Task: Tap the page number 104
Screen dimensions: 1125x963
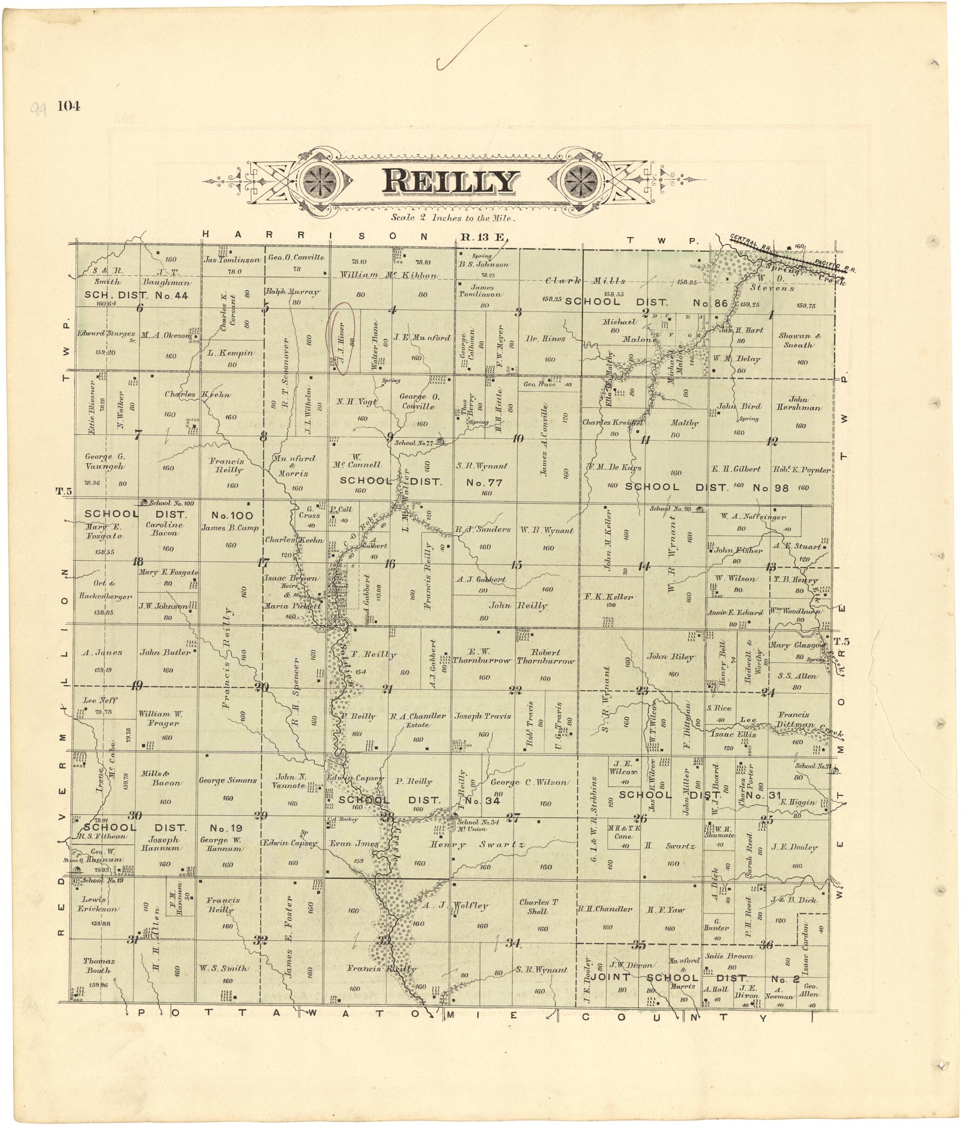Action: coord(69,107)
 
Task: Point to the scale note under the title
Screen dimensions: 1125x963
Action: coord(453,218)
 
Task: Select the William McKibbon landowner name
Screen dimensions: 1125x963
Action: coord(388,275)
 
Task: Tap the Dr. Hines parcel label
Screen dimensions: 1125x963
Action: coord(545,339)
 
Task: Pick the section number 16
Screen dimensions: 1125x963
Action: coord(389,564)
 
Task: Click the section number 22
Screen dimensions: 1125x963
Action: coord(515,691)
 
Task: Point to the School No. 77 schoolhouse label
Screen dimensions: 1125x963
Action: coord(414,443)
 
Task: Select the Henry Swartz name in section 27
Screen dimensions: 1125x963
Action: coord(477,845)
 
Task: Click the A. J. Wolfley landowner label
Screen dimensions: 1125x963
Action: coord(455,906)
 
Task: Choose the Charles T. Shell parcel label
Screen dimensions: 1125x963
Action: coord(538,906)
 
